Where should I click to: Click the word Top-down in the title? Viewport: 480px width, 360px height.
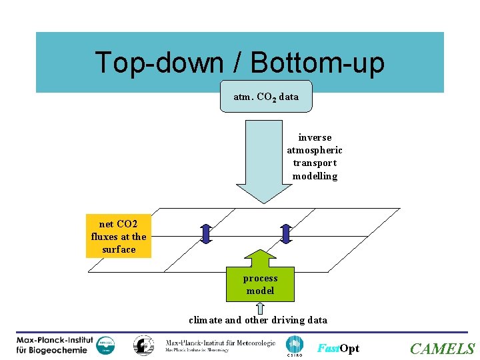pos(159,63)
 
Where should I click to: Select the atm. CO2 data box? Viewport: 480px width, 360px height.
pos(266,97)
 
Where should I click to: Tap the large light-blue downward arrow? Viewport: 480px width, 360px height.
pos(264,160)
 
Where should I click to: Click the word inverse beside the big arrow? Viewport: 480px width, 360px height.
pos(315,137)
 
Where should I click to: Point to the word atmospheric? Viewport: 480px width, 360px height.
pos(315,151)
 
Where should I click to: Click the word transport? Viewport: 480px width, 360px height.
pos(315,163)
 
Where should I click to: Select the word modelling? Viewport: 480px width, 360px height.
pos(315,177)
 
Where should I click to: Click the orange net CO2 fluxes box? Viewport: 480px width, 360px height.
pos(119,237)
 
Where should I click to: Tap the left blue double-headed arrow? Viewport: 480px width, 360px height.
pos(206,233)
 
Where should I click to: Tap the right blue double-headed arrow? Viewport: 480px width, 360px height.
pos(286,233)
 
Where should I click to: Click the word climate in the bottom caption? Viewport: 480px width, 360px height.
pos(205,320)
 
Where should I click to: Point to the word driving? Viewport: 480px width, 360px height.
pos(289,320)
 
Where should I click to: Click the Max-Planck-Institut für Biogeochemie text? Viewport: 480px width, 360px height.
pos(55,345)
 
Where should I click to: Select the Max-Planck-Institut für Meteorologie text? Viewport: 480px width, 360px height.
pos(220,345)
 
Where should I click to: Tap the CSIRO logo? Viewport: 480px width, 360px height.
pos(294,346)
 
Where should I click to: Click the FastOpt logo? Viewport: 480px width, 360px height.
pos(338,349)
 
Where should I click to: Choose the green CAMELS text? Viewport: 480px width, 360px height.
pos(442,349)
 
